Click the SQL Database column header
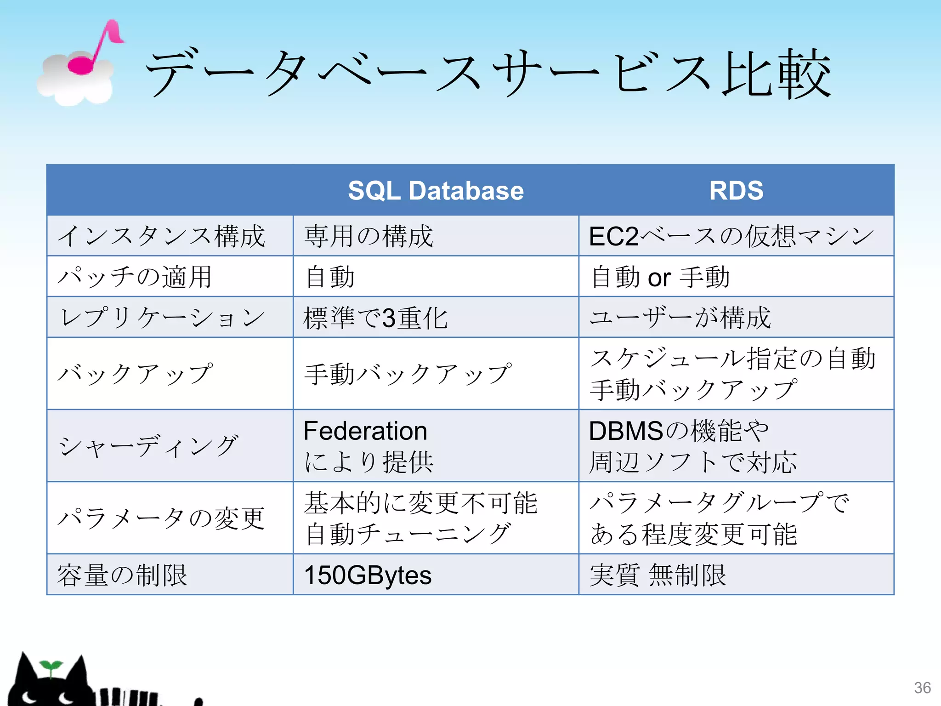pos(436,190)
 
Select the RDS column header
pos(736,190)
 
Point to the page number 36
pos(922,688)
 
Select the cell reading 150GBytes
pos(368,575)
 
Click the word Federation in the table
pos(365,431)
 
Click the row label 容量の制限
pos(122,575)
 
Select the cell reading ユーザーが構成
pos(680,318)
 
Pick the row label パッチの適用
pos(134,277)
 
